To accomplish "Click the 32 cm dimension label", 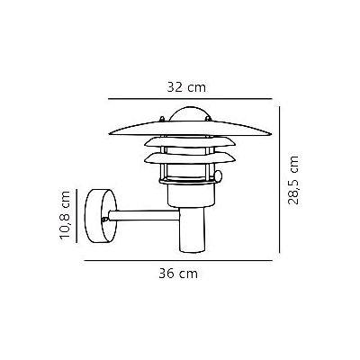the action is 186,87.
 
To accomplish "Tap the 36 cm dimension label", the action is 178,274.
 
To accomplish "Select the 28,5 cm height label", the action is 293,180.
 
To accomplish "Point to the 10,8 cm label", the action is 65,215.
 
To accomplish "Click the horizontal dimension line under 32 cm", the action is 190,98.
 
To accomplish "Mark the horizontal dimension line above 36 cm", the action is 178,260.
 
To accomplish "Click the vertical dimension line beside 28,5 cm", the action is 280,179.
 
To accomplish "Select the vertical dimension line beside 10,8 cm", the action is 76,215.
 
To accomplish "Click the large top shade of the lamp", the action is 190,129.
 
